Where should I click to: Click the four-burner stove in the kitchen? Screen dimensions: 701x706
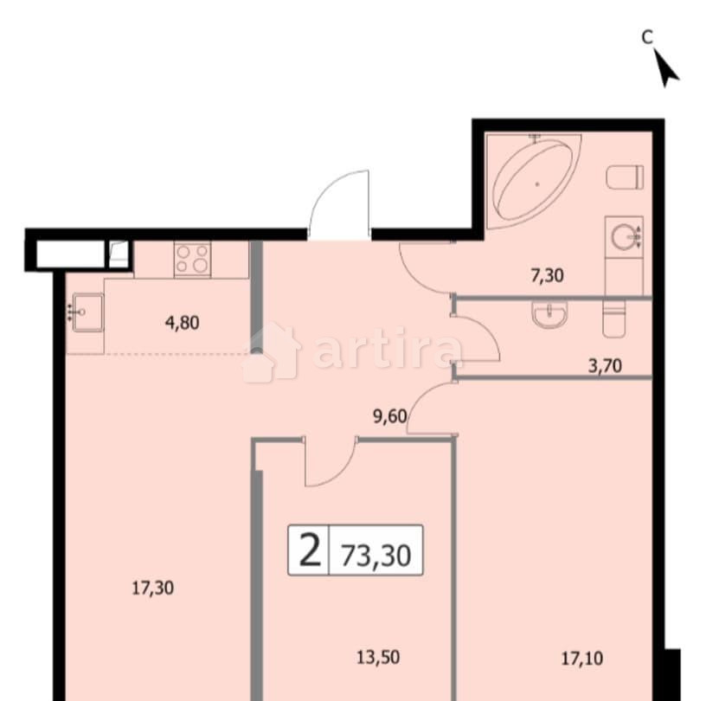pyautogui.click(x=192, y=259)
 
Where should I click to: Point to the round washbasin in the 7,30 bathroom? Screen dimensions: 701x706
pyautogui.click(x=623, y=236)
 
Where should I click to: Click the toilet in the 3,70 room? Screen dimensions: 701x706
pyautogui.click(x=612, y=319)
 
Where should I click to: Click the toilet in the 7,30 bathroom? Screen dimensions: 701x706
pyautogui.click(x=626, y=177)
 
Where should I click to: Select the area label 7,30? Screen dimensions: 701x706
pyautogui.click(x=547, y=277)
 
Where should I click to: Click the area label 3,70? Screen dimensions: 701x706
pyautogui.click(x=605, y=365)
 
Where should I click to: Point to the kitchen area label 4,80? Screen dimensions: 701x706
pyautogui.click(x=182, y=324)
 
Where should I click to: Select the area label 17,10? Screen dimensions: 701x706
pyautogui.click(x=584, y=658)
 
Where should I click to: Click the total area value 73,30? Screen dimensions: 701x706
pyautogui.click(x=375, y=551)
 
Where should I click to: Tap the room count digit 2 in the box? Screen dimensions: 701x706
pyautogui.click(x=309, y=550)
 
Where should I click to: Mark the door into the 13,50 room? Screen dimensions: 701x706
pyautogui.click(x=330, y=463)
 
